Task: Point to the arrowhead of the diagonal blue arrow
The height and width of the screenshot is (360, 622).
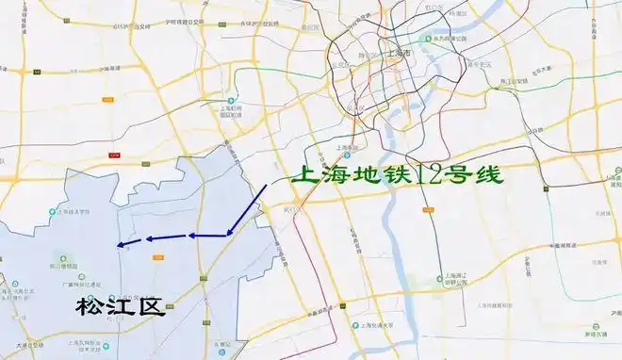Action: click(x=229, y=232)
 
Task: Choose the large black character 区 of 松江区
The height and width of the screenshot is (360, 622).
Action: click(x=152, y=306)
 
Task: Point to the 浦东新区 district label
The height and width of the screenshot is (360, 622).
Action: click(x=482, y=64)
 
